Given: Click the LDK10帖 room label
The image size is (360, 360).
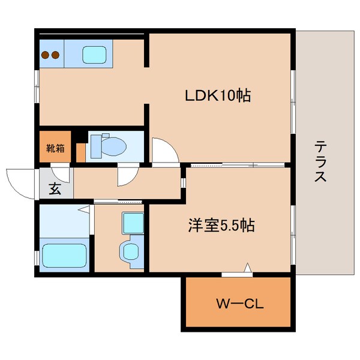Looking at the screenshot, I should tap(217, 95).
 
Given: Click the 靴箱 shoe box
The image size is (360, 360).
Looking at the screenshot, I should tap(55, 148).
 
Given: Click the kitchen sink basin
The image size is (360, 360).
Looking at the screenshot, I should tap(93, 55).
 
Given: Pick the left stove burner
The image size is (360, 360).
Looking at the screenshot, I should tap(46, 55).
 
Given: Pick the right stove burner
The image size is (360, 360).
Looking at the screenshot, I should tap(56, 55).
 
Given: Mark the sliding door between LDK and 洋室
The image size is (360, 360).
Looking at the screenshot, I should tap(237, 164).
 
